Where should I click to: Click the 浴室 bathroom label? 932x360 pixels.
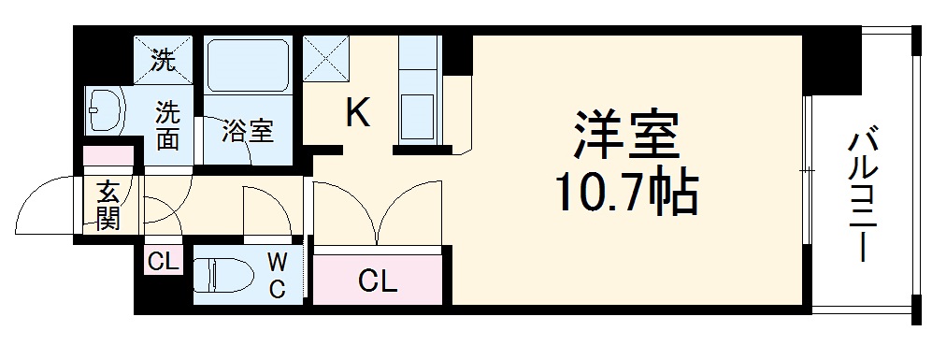tap(248, 132)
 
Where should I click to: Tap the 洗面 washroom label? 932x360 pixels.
tap(167, 126)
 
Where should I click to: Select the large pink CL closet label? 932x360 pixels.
tap(376, 280)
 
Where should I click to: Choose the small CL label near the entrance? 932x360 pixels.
tap(162, 262)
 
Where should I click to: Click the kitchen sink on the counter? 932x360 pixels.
tap(416, 113)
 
